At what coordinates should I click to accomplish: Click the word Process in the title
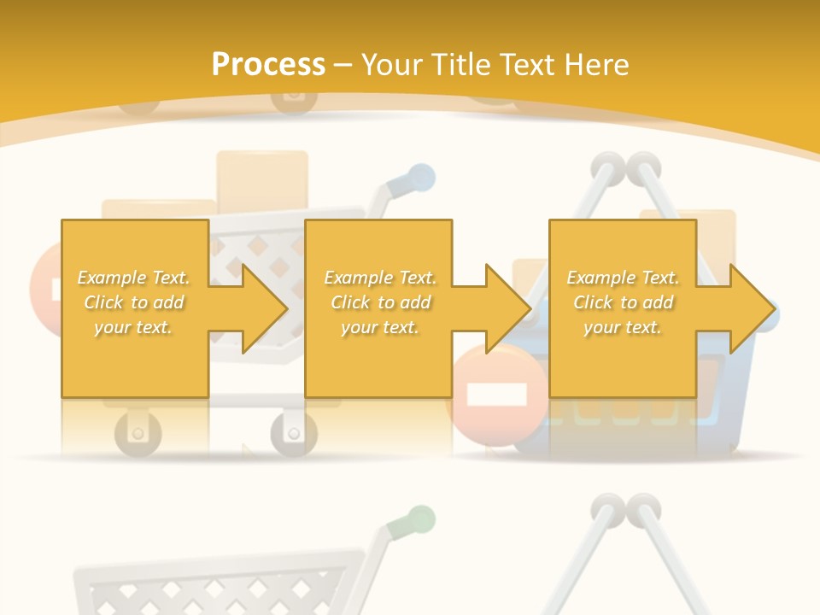click(x=268, y=65)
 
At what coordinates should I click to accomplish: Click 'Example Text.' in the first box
click(x=134, y=278)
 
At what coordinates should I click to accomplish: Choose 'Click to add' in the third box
click(x=624, y=302)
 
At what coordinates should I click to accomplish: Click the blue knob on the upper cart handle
click(x=419, y=178)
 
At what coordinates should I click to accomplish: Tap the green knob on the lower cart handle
click(x=419, y=519)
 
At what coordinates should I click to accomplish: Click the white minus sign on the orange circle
click(x=497, y=395)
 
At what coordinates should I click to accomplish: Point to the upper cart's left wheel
click(x=137, y=431)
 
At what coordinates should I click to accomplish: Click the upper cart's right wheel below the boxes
click(x=293, y=433)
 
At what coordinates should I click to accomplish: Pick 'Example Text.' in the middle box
click(x=380, y=278)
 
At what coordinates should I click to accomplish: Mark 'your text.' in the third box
click(x=624, y=327)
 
